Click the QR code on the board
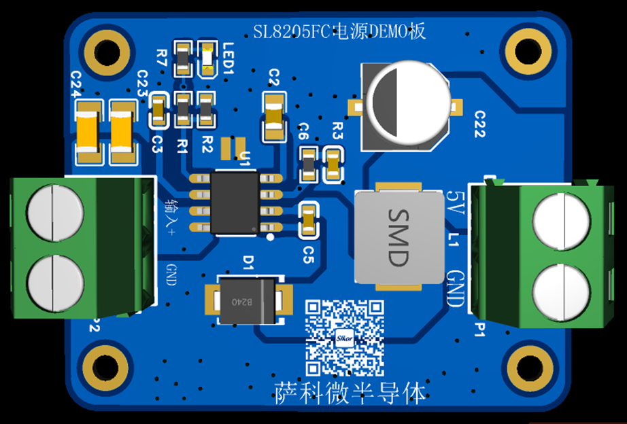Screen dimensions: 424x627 click(344, 338)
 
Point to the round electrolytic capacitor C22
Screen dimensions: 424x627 click(407, 103)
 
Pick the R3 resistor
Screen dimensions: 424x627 click(333, 164)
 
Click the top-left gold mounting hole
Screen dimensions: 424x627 click(107, 52)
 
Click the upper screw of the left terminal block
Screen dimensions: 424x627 click(54, 211)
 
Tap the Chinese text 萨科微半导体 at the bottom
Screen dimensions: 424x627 click(350, 393)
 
